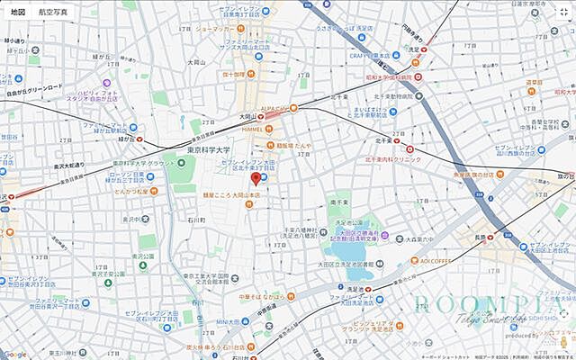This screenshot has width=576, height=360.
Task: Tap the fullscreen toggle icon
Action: pyautogui.click(x=562, y=13)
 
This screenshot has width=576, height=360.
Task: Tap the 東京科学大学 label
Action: pyautogui.click(x=209, y=149)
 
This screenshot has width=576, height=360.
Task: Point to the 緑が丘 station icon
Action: pyautogui.click(x=138, y=139)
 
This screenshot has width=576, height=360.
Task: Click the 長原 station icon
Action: pyautogui.click(x=491, y=238)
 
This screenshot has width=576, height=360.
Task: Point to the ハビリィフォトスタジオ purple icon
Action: pyautogui.click(x=70, y=93)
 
